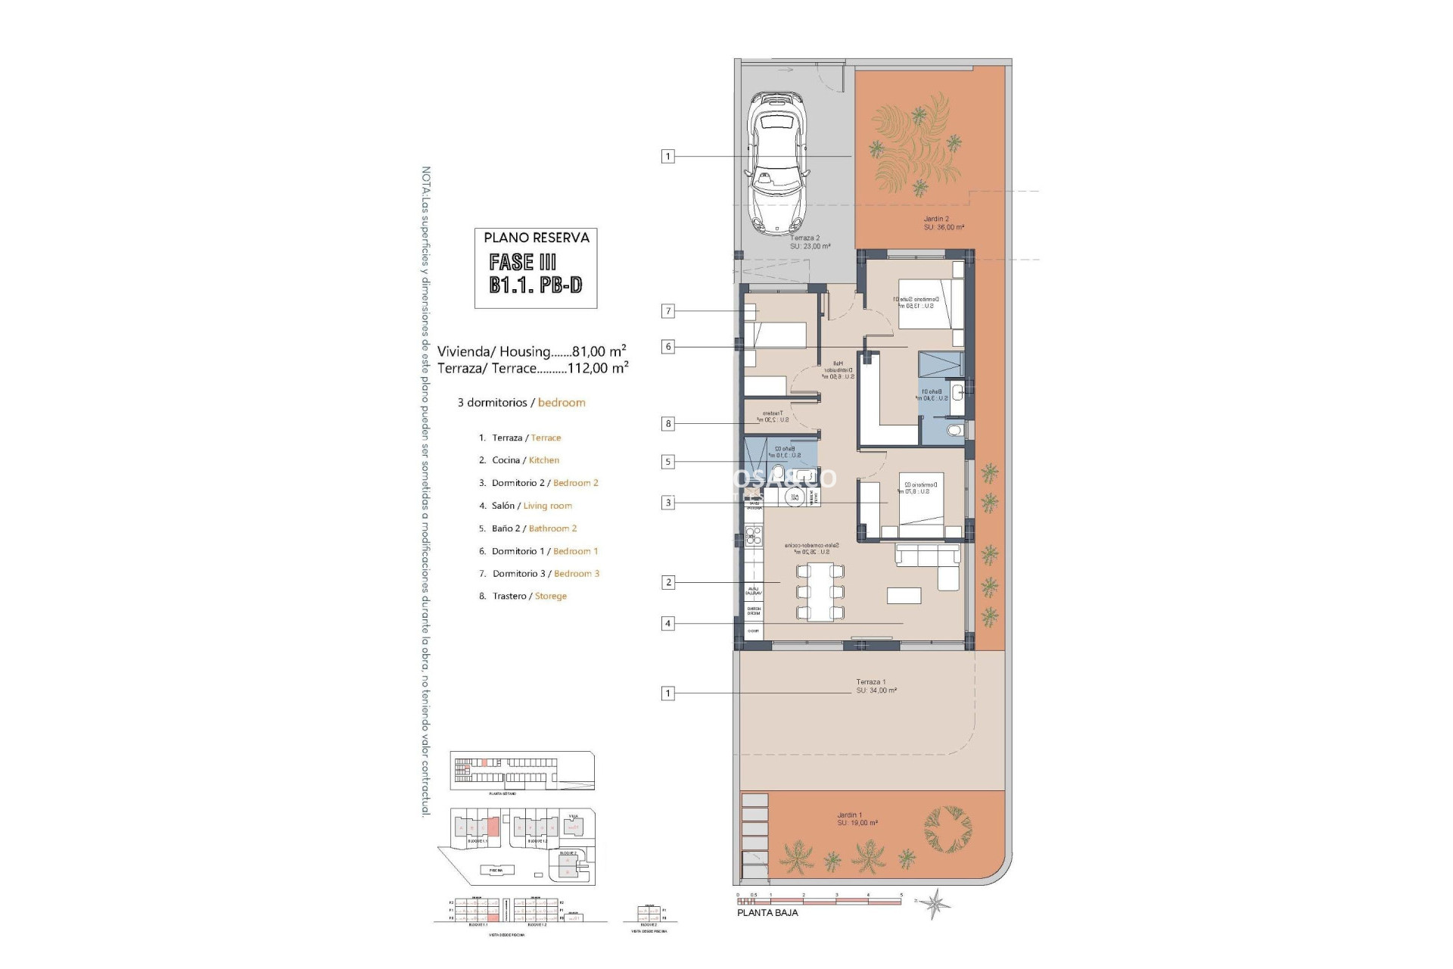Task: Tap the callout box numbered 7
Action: (667, 311)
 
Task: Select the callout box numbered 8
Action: (667, 424)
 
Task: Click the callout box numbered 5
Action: (667, 462)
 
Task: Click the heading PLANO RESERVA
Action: (536, 238)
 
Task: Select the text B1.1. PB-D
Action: (536, 285)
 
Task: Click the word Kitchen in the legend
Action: (543, 460)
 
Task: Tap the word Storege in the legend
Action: (550, 597)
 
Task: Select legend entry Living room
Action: (547, 506)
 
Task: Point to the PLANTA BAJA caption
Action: (767, 913)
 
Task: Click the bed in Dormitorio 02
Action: (921, 499)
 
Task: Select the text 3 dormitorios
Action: (492, 403)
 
